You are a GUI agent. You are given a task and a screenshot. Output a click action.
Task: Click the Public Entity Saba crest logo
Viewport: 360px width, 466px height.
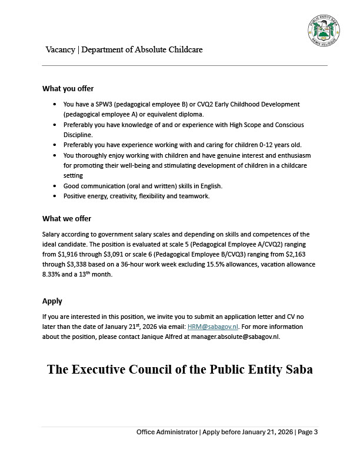point(324,29)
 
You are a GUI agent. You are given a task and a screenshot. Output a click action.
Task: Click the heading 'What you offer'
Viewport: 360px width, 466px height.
point(68,89)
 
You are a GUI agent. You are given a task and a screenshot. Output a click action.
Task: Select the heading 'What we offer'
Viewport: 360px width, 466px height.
point(66,219)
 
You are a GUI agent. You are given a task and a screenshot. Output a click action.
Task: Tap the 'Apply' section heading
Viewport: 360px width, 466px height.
point(52,301)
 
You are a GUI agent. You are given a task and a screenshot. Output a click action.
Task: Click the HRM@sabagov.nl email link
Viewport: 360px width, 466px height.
point(206,327)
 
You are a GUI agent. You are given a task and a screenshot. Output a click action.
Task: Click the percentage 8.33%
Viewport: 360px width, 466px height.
point(52,274)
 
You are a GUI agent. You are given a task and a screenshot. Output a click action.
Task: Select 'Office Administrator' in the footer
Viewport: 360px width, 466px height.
point(167,432)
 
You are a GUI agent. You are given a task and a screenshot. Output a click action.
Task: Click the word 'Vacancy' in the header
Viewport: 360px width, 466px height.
point(61,49)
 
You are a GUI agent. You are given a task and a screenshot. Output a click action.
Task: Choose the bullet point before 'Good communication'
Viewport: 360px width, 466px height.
point(55,186)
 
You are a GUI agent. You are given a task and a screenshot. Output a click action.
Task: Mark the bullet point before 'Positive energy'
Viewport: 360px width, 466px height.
point(55,196)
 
